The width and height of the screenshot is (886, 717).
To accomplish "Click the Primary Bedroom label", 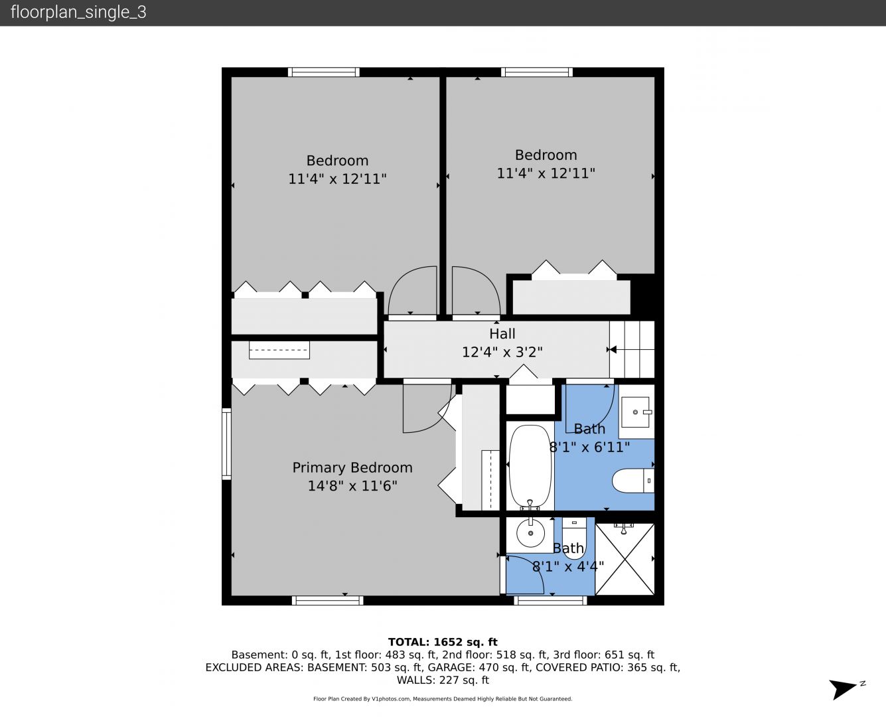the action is coord(352,468).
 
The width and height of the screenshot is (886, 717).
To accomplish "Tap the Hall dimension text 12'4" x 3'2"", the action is coord(502,353).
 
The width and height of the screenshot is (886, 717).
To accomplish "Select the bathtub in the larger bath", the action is coord(530,467).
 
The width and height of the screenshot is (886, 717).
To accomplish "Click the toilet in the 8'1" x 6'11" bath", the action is coord(632,481).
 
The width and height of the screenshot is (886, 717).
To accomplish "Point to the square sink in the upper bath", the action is coord(635,412).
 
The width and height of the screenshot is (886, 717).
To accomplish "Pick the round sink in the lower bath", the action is coord(530,532).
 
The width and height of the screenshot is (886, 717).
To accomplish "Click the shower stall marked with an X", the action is coord(625,559).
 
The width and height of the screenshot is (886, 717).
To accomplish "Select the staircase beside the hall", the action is coord(632,349).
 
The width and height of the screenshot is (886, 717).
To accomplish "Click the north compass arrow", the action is coord(843,690).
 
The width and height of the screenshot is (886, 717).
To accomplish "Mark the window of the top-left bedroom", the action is coord(324,72).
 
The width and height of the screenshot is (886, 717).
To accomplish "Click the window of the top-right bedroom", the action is coord(537,72).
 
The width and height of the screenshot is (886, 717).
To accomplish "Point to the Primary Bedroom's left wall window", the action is coord(226,443).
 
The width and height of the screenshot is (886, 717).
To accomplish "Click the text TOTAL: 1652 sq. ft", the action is coord(443,642).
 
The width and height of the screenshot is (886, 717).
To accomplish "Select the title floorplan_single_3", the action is coord(78,13).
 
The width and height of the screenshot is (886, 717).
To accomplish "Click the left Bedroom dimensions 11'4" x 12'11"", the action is coord(337,179).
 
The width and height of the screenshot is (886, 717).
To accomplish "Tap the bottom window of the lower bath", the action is coord(550,600).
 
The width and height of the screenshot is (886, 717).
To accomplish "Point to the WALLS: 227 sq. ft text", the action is coord(443,680).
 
